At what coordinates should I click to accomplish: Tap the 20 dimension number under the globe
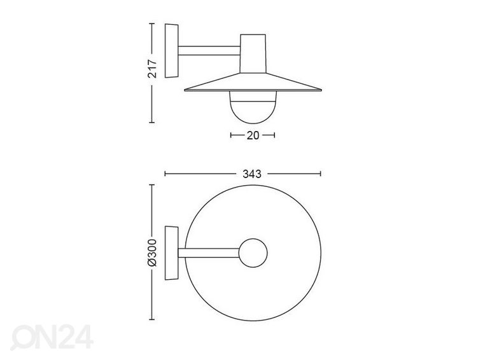pos(251,135)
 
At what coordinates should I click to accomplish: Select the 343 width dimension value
pos(243,172)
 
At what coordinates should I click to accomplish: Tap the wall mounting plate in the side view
pos(171,50)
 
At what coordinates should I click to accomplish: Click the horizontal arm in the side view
pos(209,50)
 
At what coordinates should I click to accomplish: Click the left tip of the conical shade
pos(185,90)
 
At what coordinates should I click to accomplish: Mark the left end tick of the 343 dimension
pos(165,172)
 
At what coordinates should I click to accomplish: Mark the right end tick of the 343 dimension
pos(321,172)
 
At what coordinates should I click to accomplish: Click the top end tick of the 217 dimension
pos(152,24)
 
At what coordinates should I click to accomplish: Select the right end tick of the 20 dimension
pos(274,135)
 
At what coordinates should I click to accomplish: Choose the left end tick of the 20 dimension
pos(230,135)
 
